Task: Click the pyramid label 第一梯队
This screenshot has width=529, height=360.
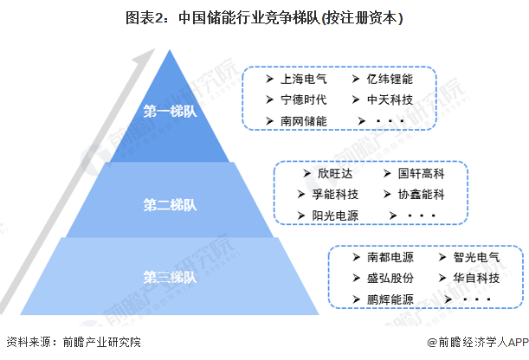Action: point(170,112)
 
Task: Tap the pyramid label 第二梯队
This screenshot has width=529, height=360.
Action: point(170,205)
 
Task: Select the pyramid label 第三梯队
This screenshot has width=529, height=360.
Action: point(170,277)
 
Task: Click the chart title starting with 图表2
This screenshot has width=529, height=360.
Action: point(265,17)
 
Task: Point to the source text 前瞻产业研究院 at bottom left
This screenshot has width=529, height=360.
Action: point(100,343)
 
